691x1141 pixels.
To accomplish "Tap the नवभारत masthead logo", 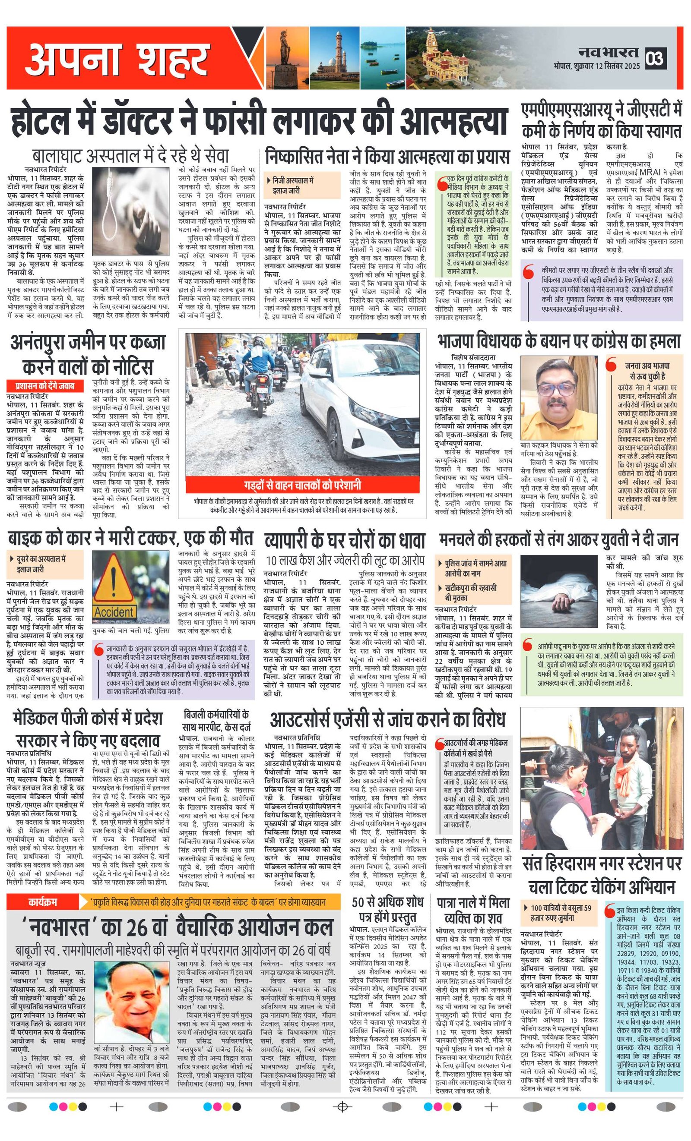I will point(609,52).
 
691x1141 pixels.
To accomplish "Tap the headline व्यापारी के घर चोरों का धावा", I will point(345,540).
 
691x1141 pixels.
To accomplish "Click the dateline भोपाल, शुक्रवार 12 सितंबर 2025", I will point(596,66).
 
